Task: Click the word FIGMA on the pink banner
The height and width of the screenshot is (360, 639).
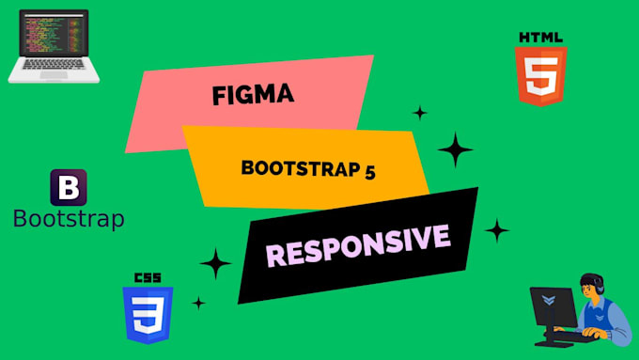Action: (254, 95)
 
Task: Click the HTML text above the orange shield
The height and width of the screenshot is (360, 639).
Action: (540, 37)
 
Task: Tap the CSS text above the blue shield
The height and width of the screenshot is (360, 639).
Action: (147, 278)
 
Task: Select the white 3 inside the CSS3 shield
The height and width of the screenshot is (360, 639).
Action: (147, 314)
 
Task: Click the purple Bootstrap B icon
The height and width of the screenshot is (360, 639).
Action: (68, 188)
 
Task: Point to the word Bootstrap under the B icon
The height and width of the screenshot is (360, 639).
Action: (69, 219)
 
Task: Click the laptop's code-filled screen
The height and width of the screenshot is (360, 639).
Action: (55, 37)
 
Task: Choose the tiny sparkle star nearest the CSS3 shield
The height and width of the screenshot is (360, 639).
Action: (198, 303)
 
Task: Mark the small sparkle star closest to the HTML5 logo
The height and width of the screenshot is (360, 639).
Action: (420, 113)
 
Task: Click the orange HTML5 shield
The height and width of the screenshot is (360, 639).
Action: (540, 75)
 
